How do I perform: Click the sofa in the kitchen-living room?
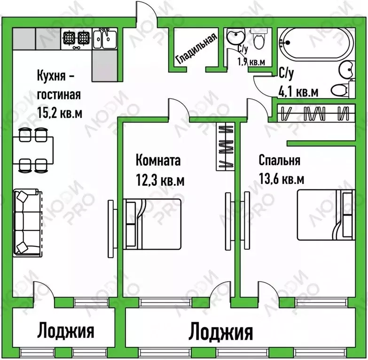click(25, 222)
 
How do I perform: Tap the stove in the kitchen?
click(77, 38)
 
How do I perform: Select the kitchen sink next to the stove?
click(104, 38)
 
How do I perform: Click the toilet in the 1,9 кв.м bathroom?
click(259, 39)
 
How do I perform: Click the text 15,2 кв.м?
click(59, 112)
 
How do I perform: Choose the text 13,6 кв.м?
click(281, 179)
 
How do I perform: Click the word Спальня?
click(279, 161)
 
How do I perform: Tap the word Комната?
click(158, 161)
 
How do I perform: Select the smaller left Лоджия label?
click(66, 330)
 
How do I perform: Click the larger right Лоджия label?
click(220, 332)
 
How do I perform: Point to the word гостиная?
click(59, 94)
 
